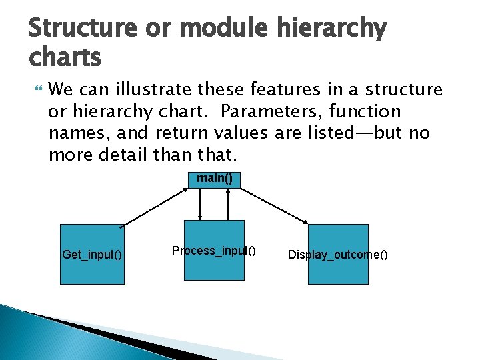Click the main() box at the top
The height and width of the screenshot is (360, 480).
click(x=214, y=179)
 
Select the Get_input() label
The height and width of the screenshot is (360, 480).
click(x=91, y=254)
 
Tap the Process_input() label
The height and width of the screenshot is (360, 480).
click(x=213, y=251)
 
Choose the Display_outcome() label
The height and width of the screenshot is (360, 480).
click(x=337, y=255)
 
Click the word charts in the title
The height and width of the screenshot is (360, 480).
click(x=65, y=58)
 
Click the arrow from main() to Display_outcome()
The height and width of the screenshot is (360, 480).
click(x=274, y=206)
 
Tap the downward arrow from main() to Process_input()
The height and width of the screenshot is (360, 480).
click(x=201, y=204)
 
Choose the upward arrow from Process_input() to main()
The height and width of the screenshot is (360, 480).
click(x=228, y=204)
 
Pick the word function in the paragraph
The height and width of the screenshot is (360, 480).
click(x=365, y=111)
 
